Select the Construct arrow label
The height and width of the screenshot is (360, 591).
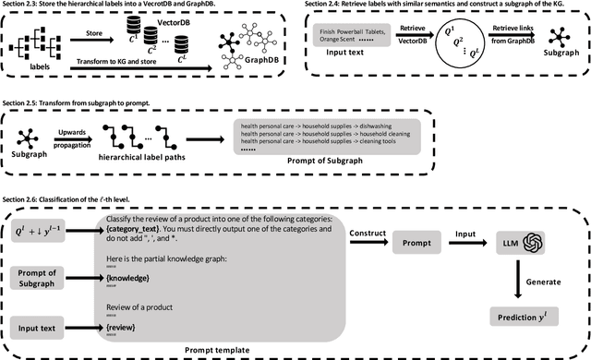click(372, 234)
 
